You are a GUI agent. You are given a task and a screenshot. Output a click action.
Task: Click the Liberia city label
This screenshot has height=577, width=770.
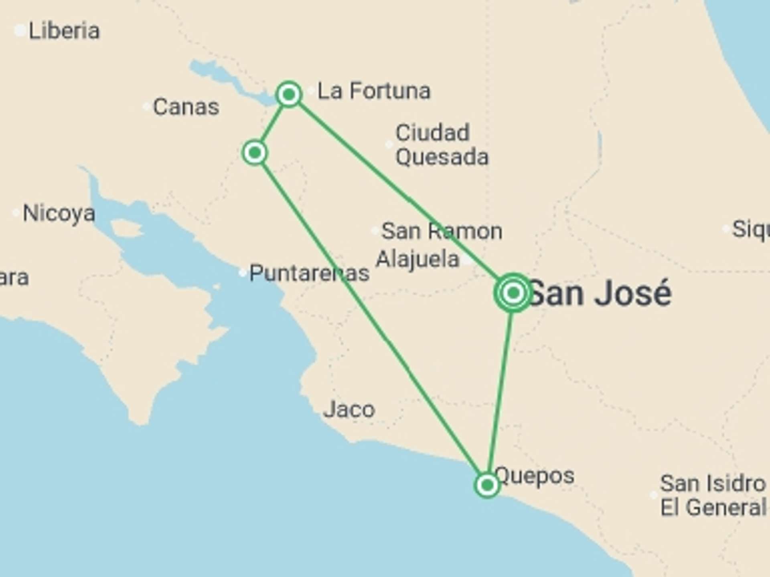click(64, 31)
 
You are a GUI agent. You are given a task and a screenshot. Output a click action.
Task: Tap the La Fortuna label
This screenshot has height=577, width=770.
click(374, 91)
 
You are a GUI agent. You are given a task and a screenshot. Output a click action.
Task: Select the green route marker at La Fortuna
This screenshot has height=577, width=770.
click(289, 95)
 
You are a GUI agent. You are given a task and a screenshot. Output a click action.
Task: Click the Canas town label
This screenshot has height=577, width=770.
click(186, 107)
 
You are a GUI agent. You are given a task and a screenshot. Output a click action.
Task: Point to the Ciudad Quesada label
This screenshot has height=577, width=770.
click(441, 145)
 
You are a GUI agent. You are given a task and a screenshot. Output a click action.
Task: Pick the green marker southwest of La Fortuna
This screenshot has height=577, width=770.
click(255, 152)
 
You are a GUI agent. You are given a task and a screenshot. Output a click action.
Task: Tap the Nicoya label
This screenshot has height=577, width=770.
click(59, 213)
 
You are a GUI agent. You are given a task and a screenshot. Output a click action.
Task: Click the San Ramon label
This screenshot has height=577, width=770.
click(442, 231)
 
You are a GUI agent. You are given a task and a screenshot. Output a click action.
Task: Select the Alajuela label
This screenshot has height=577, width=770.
click(417, 259)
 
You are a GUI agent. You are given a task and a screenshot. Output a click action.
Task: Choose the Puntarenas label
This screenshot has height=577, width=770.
click(309, 273)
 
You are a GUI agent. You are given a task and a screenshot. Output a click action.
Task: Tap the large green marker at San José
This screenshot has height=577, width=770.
click(513, 293)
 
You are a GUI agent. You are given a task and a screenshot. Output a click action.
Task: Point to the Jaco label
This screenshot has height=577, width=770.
click(349, 410)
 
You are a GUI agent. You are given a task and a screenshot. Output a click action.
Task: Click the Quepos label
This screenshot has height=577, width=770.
click(535, 476)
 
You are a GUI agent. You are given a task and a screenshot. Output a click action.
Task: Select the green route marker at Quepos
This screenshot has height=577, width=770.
click(487, 485)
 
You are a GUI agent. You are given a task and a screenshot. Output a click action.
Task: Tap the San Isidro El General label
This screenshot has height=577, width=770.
click(713, 495)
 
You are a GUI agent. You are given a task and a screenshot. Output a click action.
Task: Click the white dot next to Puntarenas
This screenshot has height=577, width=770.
click(242, 273)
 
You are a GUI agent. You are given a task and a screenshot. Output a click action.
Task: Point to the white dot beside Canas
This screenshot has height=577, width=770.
click(147, 107)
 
